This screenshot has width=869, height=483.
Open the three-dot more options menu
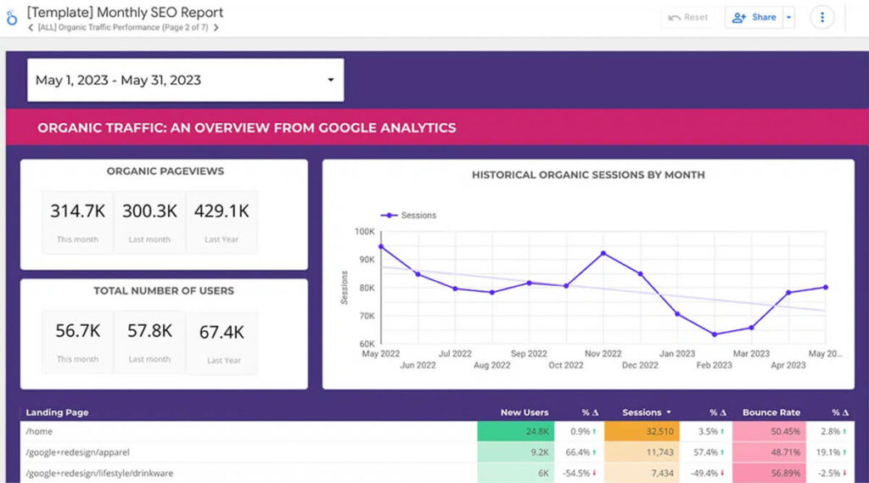[821, 17]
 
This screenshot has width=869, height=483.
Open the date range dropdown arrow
[330, 81]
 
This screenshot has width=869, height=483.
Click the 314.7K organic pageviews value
[77, 211]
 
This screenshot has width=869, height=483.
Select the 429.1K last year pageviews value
[221, 211]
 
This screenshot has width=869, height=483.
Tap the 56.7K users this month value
[77, 331]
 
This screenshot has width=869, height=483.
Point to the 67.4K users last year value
[221, 332]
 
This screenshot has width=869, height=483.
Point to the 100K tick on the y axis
[364, 232]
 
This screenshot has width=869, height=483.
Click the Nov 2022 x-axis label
[603, 354]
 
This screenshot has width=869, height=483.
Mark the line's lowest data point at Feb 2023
[715, 334]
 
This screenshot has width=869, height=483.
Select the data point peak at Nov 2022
[603, 253]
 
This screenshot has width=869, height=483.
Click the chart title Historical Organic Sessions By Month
[588, 175]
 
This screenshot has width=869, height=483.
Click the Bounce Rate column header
[771, 413]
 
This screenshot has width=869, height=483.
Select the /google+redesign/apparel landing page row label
[78, 452]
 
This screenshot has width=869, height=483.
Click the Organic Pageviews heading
[165, 171]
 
